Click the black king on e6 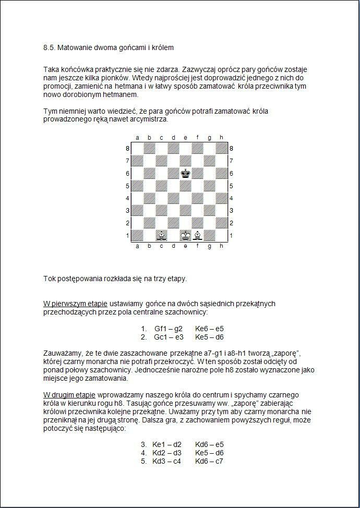[x=185, y=173]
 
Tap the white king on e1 [x=185, y=236]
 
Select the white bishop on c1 [x=161, y=236]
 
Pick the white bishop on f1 [x=197, y=236]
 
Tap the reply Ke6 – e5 [x=209, y=329]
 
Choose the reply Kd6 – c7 [x=209, y=461]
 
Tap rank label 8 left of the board [x=127, y=148]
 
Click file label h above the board [x=221, y=138]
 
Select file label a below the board [x=137, y=246]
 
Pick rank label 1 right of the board [x=231, y=236]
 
